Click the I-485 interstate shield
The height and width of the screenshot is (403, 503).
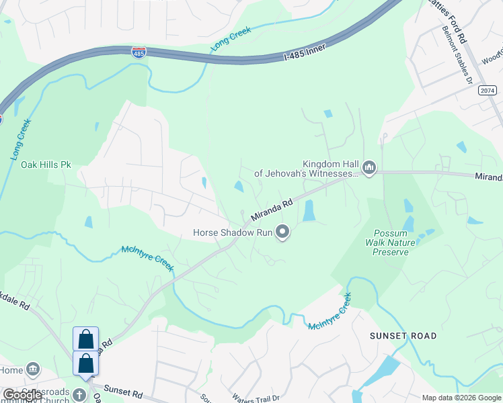click(139, 52)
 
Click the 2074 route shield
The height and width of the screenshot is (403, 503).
click(488, 90)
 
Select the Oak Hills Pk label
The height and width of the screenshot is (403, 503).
click(46, 164)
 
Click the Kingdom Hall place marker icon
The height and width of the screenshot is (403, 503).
click(369, 167)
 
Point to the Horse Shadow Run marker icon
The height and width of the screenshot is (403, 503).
click(283, 232)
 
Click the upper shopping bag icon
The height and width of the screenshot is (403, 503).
click(86, 339)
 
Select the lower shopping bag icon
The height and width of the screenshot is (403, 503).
click(86, 363)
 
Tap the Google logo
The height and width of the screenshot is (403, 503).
click(22, 395)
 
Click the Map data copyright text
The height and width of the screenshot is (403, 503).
click(461, 398)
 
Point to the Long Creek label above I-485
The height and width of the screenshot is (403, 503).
click(231, 39)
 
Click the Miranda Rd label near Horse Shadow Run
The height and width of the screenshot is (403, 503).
click(272, 210)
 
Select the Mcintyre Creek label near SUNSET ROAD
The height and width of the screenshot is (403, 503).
click(330, 312)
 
